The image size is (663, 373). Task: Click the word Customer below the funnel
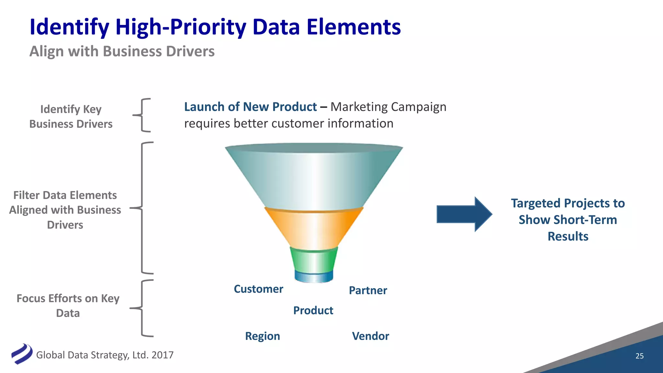[x=258, y=289]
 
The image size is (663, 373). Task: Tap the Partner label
[x=368, y=290]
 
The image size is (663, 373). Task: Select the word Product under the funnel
[x=313, y=311]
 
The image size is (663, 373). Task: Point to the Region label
[x=262, y=336]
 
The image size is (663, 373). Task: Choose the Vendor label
[x=370, y=336]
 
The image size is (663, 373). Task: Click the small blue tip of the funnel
[x=313, y=277]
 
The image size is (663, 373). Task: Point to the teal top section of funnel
[x=313, y=178]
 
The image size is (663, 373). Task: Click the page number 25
[x=639, y=356]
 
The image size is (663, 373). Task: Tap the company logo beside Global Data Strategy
[x=22, y=354]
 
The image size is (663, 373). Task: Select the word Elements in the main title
[x=354, y=27]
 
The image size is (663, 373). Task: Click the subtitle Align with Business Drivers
[x=122, y=51]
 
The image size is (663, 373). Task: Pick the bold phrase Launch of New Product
[x=250, y=107]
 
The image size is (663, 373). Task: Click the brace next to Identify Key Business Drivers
[x=142, y=115]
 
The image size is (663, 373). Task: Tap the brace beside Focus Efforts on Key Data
[x=142, y=308]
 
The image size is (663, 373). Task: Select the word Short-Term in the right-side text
[x=568, y=220]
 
